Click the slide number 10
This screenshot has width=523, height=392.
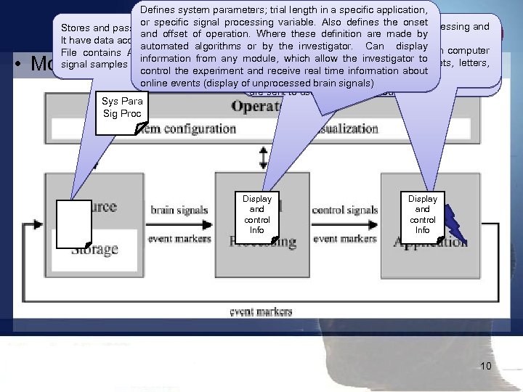click(486, 366)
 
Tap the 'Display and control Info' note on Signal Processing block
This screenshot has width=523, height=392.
click(257, 215)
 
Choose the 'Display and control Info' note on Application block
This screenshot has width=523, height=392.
click(423, 215)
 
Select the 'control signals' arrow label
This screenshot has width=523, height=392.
click(345, 211)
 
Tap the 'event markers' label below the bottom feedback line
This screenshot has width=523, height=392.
click(262, 311)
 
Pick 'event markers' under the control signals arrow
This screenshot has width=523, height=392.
click(345, 237)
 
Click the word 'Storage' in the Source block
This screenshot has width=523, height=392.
click(94, 249)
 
